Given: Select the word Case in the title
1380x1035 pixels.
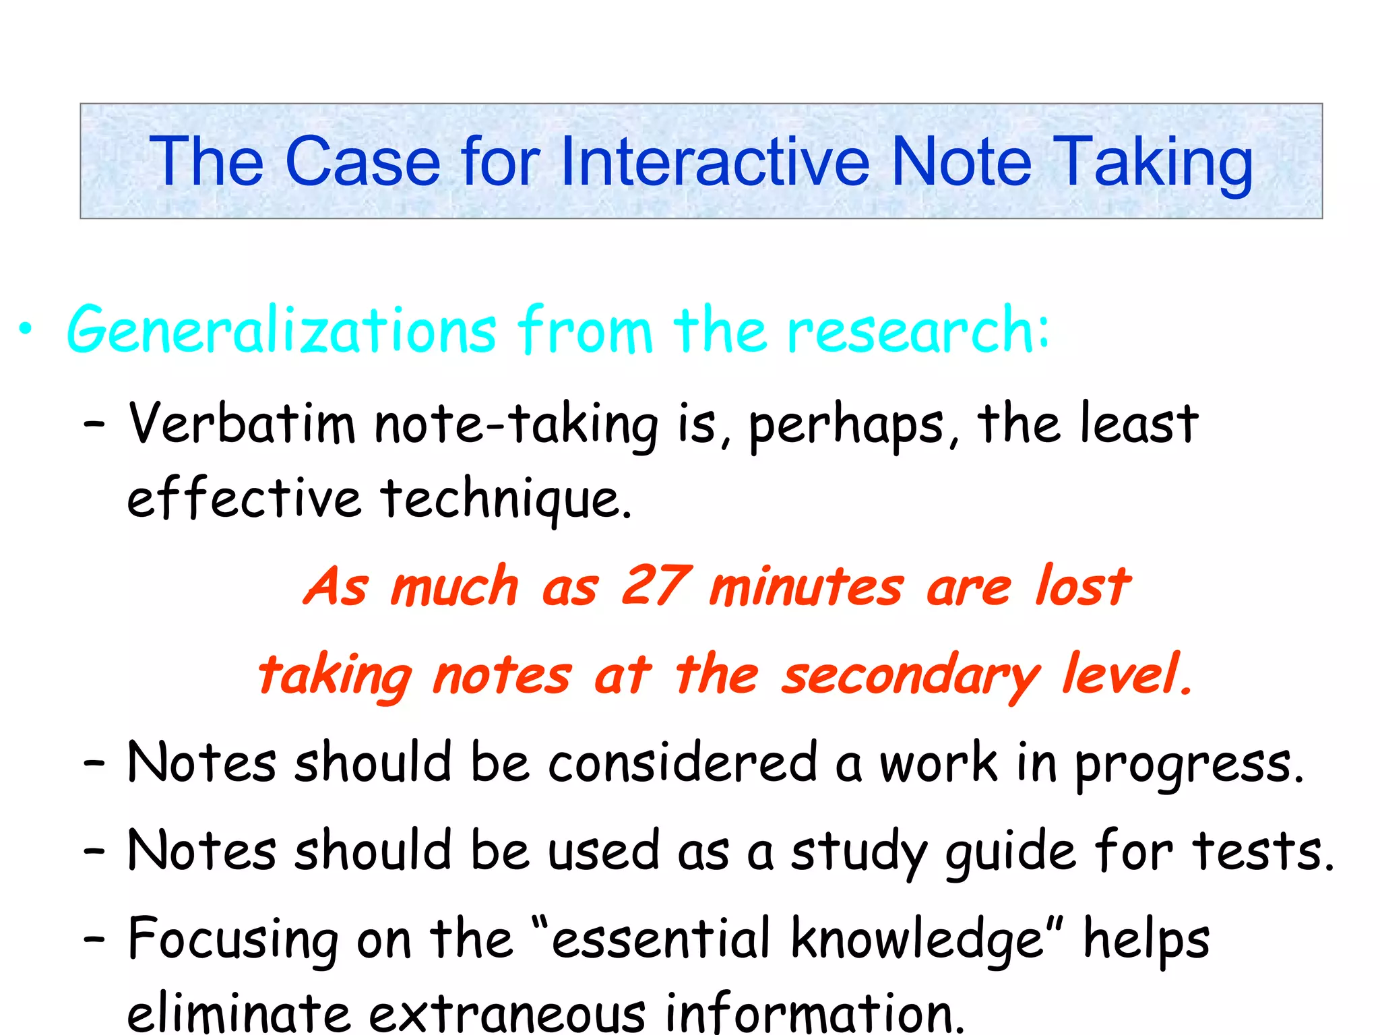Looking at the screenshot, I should tap(363, 162).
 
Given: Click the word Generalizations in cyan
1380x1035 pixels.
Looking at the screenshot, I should tap(282, 330).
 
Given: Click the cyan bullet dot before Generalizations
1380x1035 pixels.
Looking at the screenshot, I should tap(26, 330).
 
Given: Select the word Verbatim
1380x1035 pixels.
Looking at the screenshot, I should tap(241, 425).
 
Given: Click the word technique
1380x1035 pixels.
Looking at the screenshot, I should tap(506, 500).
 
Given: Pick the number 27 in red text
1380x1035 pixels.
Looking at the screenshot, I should tap(655, 585).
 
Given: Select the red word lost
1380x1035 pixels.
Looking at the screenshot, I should tap(1083, 585).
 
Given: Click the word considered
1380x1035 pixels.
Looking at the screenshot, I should tap(682, 763).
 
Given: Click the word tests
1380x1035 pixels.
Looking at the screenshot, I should tap(1262, 851).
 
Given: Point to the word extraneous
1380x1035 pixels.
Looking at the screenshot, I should tap(507, 1013).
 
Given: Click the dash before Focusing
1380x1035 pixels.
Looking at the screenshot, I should tap(94, 939).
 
